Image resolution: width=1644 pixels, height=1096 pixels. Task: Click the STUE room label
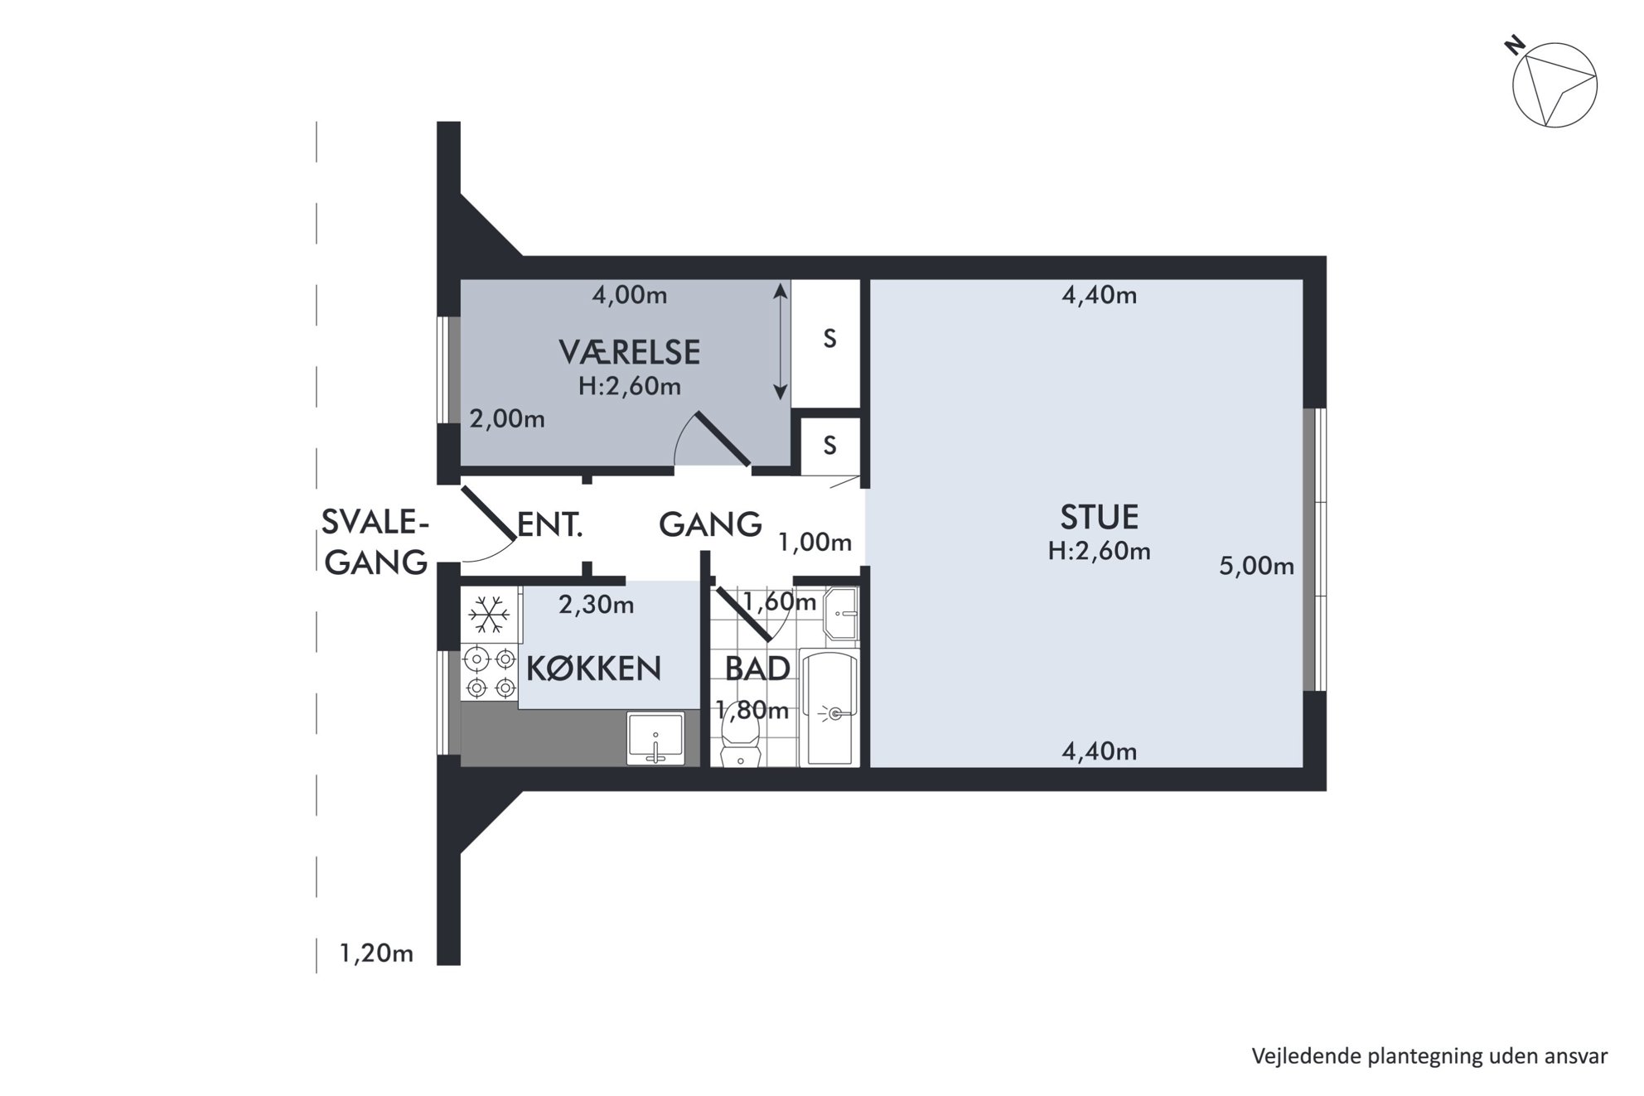point(1100,517)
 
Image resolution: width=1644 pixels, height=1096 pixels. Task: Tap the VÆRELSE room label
point(630,353)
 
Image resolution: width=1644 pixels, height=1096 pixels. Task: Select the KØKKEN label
point(594,669)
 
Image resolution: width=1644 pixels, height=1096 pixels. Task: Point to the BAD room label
point(757,669)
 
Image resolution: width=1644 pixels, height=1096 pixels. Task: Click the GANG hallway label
point(710,524)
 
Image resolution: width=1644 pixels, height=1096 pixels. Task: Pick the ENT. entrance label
point(550,524)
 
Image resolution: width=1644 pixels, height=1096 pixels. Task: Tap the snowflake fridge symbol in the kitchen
point(489,615)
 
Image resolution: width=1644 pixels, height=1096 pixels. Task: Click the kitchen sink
point(655,738)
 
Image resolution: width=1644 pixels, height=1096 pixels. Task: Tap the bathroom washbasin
point(841,614)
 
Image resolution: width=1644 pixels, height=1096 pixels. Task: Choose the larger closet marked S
point(829,343)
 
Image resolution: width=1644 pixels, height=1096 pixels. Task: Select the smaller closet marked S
point(829,446)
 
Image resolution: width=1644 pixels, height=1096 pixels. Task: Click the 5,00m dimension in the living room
point(1256,566)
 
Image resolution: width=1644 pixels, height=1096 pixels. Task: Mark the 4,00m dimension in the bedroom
point(630,295)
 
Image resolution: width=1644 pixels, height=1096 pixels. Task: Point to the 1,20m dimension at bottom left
point(376,954)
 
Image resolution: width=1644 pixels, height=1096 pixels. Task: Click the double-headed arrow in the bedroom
point(780,342)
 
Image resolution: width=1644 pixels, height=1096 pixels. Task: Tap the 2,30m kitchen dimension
point(597,605)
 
